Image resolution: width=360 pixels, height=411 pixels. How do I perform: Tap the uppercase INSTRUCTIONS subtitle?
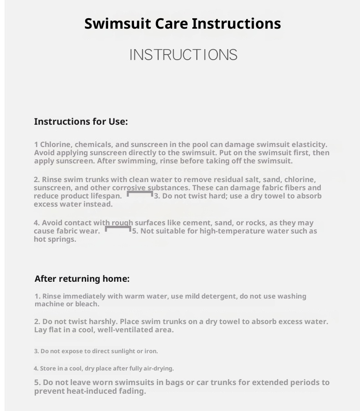coord(183,55)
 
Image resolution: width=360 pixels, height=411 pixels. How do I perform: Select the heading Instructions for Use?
coord(81,122)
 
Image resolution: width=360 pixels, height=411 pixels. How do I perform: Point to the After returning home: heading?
coord(82,279)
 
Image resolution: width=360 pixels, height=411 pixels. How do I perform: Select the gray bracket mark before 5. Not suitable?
coord(118,228)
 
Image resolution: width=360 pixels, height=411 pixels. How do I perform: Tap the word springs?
coord(61,239)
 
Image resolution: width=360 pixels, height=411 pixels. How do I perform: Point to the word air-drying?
coord(158,368)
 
